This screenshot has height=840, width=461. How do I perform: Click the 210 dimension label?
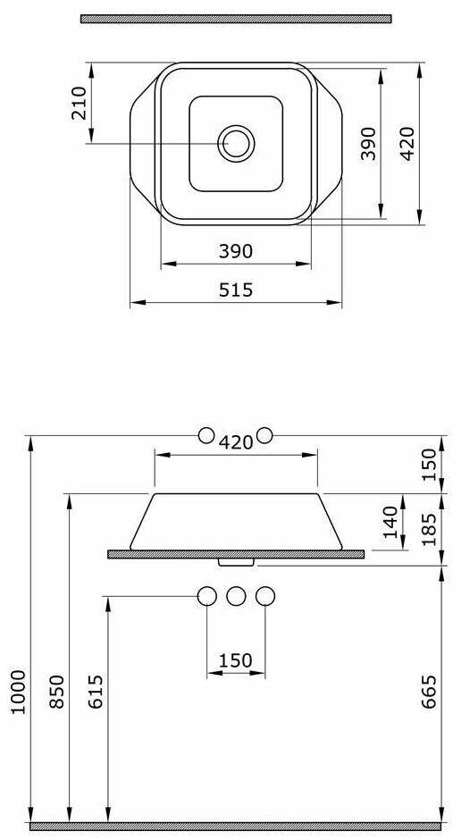pos(79,104)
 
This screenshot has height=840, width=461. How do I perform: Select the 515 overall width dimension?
pos(236,290)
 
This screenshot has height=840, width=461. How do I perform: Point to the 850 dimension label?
pos(57,692)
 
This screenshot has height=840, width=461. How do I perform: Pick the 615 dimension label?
pos(96,692)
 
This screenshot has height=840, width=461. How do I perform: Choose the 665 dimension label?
pos(429,692)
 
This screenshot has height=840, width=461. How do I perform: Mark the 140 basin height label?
pos(390,521)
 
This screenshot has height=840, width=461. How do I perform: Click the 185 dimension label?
pos(429,529)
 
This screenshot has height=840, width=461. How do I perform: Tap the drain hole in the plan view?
pos(236,144)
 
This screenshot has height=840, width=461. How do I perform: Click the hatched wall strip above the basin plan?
pos(236,19)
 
